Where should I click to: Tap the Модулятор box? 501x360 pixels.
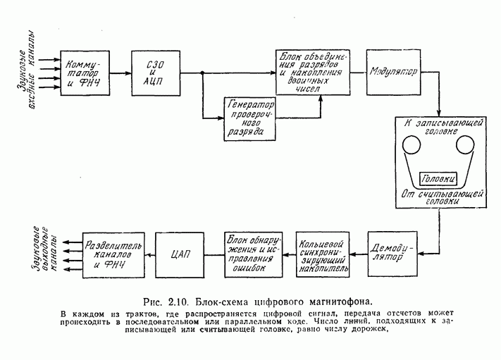392,73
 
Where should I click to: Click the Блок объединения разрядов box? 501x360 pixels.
312,73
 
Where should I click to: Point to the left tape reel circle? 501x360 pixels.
410,147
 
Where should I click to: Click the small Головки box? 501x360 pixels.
438,178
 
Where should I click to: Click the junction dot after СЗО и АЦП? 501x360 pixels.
202,72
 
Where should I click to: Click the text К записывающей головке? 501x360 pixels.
438,127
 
